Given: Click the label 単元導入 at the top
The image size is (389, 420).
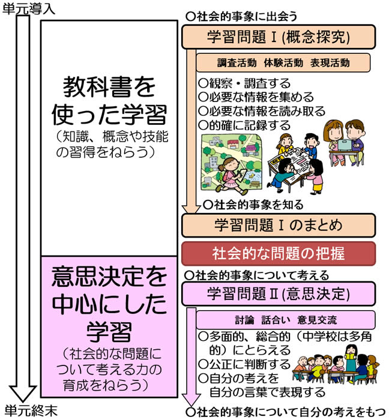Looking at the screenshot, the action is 28,8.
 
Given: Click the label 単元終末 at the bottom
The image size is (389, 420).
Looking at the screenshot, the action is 31,410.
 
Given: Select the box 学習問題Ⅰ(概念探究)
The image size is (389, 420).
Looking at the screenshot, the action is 279,37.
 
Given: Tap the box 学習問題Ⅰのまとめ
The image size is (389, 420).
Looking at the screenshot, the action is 279,225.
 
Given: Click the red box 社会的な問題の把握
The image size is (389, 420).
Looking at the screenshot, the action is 279,253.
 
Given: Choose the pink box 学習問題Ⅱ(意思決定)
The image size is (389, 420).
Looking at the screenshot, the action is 279,293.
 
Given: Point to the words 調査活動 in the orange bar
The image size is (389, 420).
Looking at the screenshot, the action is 237,63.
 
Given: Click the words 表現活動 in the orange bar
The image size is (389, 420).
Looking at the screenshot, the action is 330,63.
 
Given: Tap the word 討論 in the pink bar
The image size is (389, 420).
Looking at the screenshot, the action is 244,320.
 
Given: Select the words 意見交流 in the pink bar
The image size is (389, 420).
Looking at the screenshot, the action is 317,320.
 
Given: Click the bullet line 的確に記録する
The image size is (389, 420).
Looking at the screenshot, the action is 244,125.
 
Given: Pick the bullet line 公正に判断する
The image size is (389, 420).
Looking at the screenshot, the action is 244,364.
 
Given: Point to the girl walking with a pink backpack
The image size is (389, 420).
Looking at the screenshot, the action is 231,175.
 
